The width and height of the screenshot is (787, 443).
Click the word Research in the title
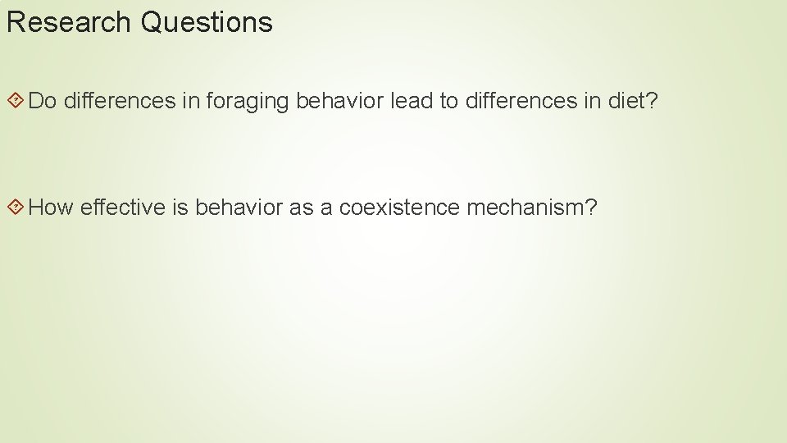coord(69,22)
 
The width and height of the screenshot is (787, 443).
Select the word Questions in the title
coord(206,22)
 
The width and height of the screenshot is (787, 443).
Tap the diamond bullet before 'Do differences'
coord(15,101)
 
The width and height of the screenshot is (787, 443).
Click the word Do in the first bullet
coord(42,101)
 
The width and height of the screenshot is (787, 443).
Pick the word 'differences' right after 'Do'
coord(119,101)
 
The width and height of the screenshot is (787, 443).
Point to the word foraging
coord(248,101)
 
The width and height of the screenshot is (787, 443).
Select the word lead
coord(410,101)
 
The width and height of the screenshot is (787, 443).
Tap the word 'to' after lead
coord(448,101)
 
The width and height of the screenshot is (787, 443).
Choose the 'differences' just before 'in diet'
coord(521,101)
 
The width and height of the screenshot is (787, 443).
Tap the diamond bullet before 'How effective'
coord(15,208)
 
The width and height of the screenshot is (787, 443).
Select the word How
coord(51,208)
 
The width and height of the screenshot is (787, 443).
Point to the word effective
coord(123,208)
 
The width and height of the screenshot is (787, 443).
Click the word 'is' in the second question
coord(180,208)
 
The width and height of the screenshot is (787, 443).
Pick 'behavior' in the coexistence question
coord(239,208)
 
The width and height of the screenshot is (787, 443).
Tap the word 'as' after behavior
coord(301,208)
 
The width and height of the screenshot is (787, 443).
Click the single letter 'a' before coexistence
coord(326,208)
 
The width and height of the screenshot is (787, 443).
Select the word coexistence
coord(399,208)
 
